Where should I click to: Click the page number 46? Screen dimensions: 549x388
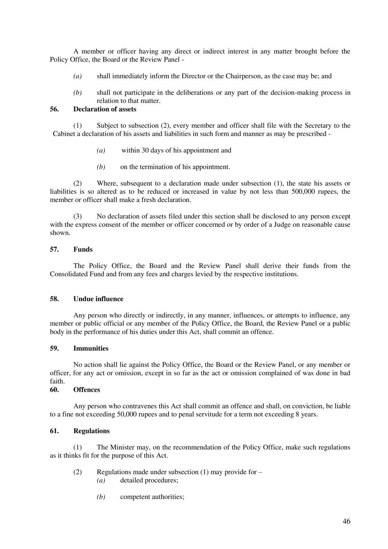pos(346,521)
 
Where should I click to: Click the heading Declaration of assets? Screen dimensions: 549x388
pos(105,109)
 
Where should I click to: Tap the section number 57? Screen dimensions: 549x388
pos(54,250)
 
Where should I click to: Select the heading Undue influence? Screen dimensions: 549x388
pos(98,299)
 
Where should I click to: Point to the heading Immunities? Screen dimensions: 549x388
pos(91,348)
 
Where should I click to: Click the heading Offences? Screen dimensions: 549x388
pos(87,390)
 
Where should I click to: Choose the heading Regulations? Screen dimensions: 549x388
pos(92,431)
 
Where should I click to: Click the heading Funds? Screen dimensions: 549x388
pos(83,250)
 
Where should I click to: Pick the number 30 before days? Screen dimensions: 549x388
pos(145,151)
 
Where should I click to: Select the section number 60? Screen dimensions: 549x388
pos(54,390)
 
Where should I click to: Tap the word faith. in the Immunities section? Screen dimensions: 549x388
pos(57,382)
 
